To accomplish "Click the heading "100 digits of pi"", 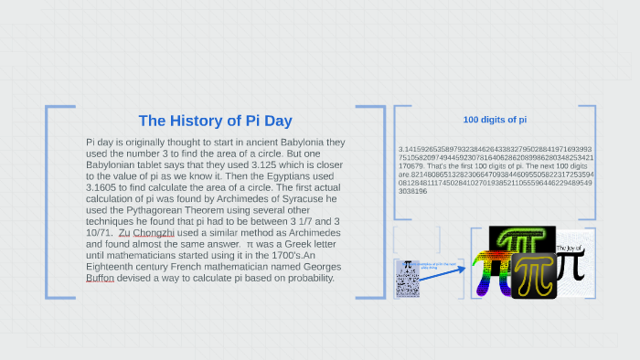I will [x=494, y=120].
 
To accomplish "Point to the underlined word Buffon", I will [x=101, y=279].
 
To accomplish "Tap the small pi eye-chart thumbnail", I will [x=408, y=278].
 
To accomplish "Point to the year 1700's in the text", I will [x=258, y=257].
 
